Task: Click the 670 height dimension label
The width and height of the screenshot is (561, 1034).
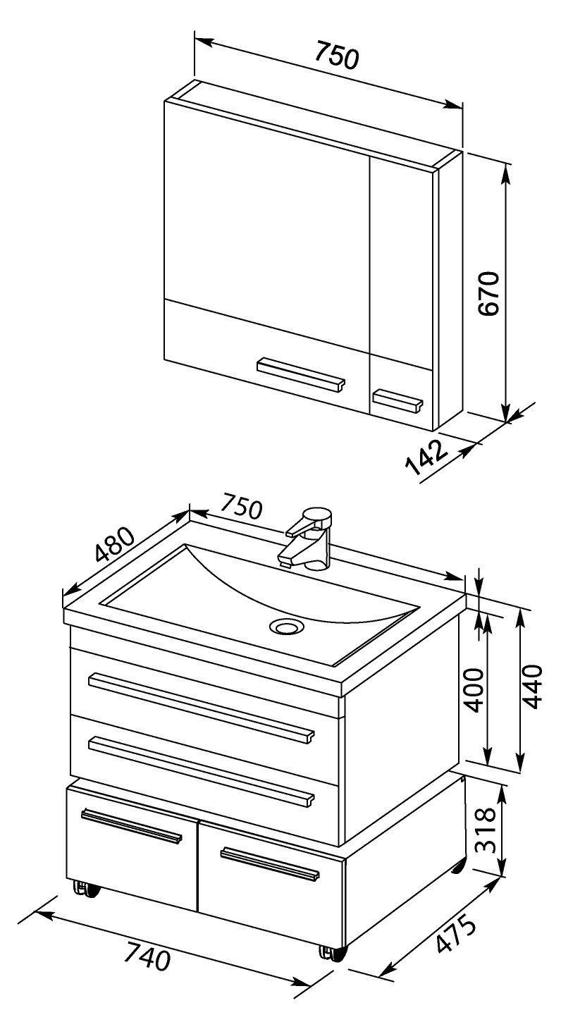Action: coord(488,294)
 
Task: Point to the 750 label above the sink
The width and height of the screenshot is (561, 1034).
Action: coord(240,506)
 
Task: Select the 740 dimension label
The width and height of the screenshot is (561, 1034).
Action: coord(148,956)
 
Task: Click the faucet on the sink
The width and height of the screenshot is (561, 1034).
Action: coord(309,538)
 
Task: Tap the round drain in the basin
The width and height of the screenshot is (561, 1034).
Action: coord(287,627)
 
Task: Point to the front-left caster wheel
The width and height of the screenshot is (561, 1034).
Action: coord(85,889)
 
